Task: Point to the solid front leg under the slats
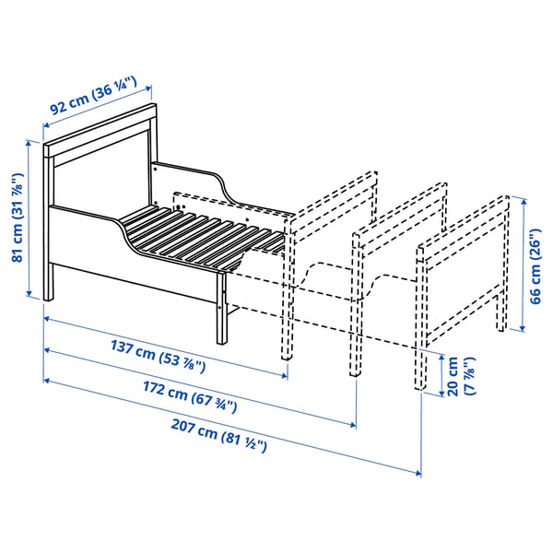point(222,309)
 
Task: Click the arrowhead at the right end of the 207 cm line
point(419,473)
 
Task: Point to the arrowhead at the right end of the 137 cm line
point(287,375)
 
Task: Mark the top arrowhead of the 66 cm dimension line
point(524,197)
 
